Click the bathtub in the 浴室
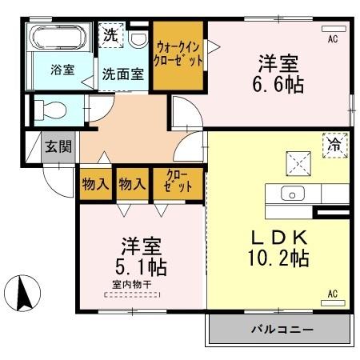point(60,39)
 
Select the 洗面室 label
point(123,74)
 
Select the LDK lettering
point(278,238)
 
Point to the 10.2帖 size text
point(278,258)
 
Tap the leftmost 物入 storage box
point(95,183)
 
